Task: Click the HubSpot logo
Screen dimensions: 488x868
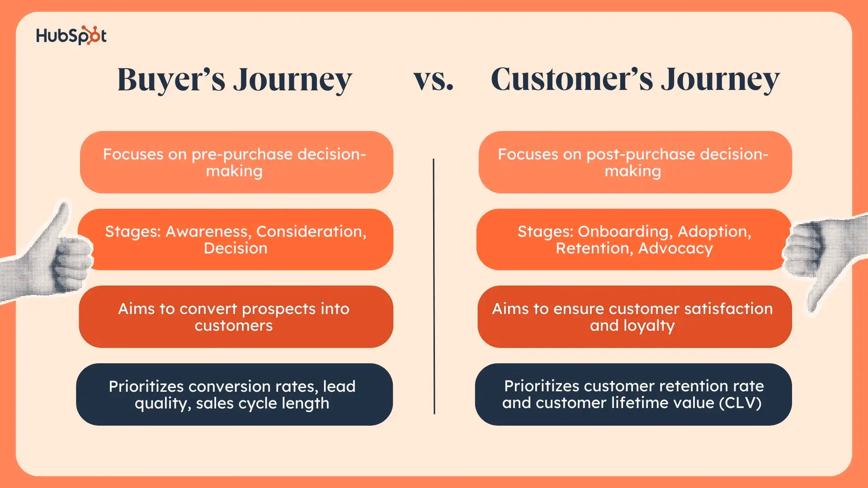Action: point(71,36)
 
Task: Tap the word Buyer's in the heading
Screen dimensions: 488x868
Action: point(171,80)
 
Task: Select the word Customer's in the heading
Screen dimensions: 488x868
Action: point(571,80)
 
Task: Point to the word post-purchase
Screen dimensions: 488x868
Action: point(641,155)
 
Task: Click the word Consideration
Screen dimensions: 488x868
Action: point(310,231)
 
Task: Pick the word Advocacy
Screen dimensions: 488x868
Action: point(675,249)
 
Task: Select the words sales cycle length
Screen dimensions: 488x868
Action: point(262,404)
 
